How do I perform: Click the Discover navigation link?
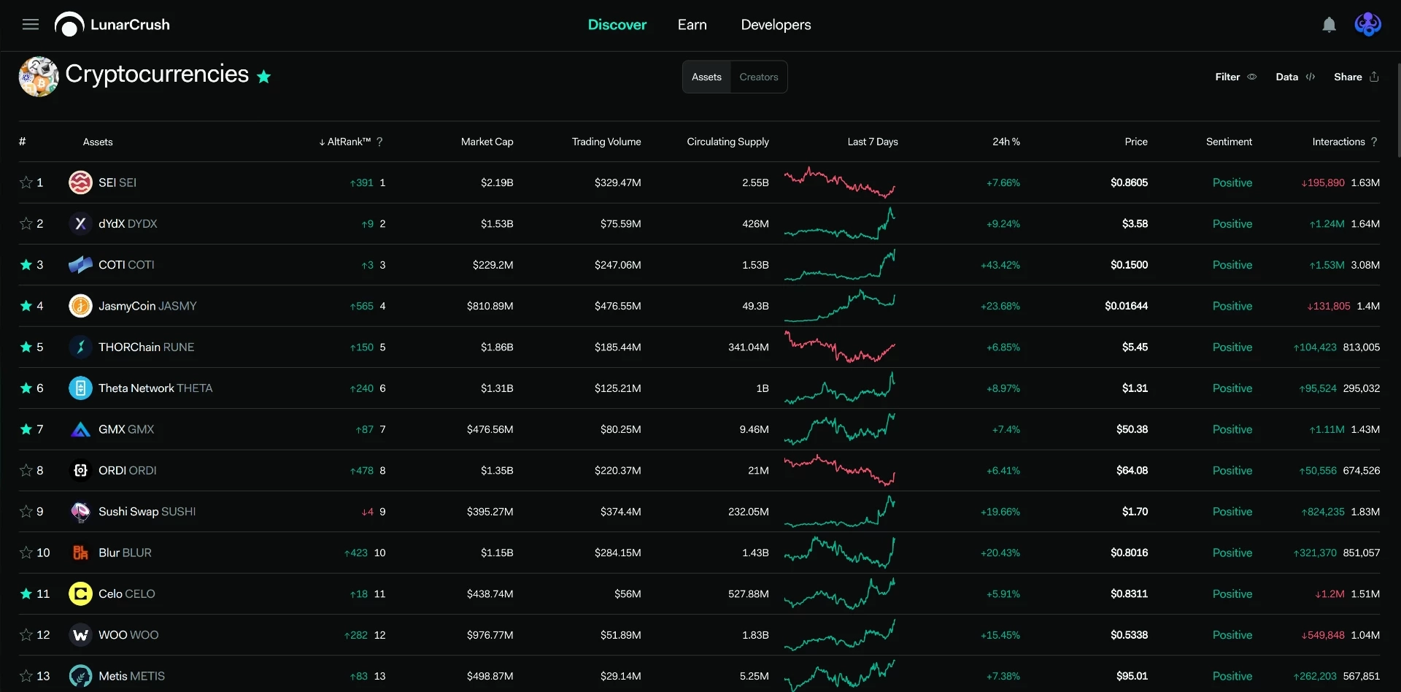coord(617,25)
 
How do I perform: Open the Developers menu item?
coord(776,25)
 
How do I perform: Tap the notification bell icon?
coord(1329,25)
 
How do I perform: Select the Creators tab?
coord(759,77)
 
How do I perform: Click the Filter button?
coord(1235,77)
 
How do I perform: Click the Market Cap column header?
coord(487,142)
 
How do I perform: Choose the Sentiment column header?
coord(1229,142)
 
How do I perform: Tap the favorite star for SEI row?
coord(26,182)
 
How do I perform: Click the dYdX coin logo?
coord(80,223)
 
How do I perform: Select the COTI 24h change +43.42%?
coord(1000,265)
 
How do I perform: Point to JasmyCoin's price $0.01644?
coord(1126,306)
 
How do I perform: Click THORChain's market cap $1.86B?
coord(497,347)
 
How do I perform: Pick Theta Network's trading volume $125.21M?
coord(617,388)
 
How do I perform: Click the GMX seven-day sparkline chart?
coord(839,429)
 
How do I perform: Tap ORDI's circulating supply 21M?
coord(758,471)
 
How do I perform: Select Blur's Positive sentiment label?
coord(1232,553)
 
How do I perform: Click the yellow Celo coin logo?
coord(80,594)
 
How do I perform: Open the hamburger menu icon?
coord(31,25)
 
